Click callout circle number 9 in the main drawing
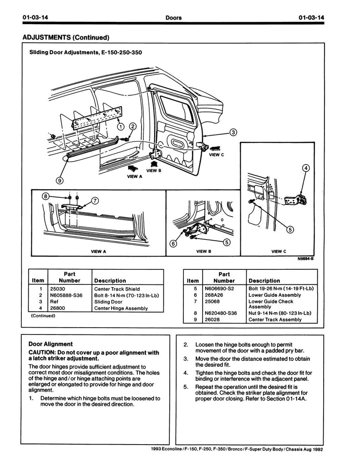[x=60, y=180]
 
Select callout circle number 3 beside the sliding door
[x=233, y=132]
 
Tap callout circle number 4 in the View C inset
[x=306, y=168]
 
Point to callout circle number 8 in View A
[x=45, y=196]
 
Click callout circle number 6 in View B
[x=173, y=244]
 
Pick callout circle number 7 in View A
[x=95, y=201]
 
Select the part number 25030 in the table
[x=57, y=289]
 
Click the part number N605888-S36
[x=66, y=295]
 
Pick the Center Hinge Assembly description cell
[x=121, y=309]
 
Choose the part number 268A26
[x=214, y=295]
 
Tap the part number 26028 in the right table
[x=212, y=320]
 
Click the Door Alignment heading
[x=51, y=344]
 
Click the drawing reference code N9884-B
[x=305, y=259]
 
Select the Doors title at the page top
[x=173, y=18]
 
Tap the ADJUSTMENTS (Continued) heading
[x=66, y=37]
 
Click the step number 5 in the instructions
[x=186, y=387]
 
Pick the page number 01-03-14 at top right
[x=312, y=17]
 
